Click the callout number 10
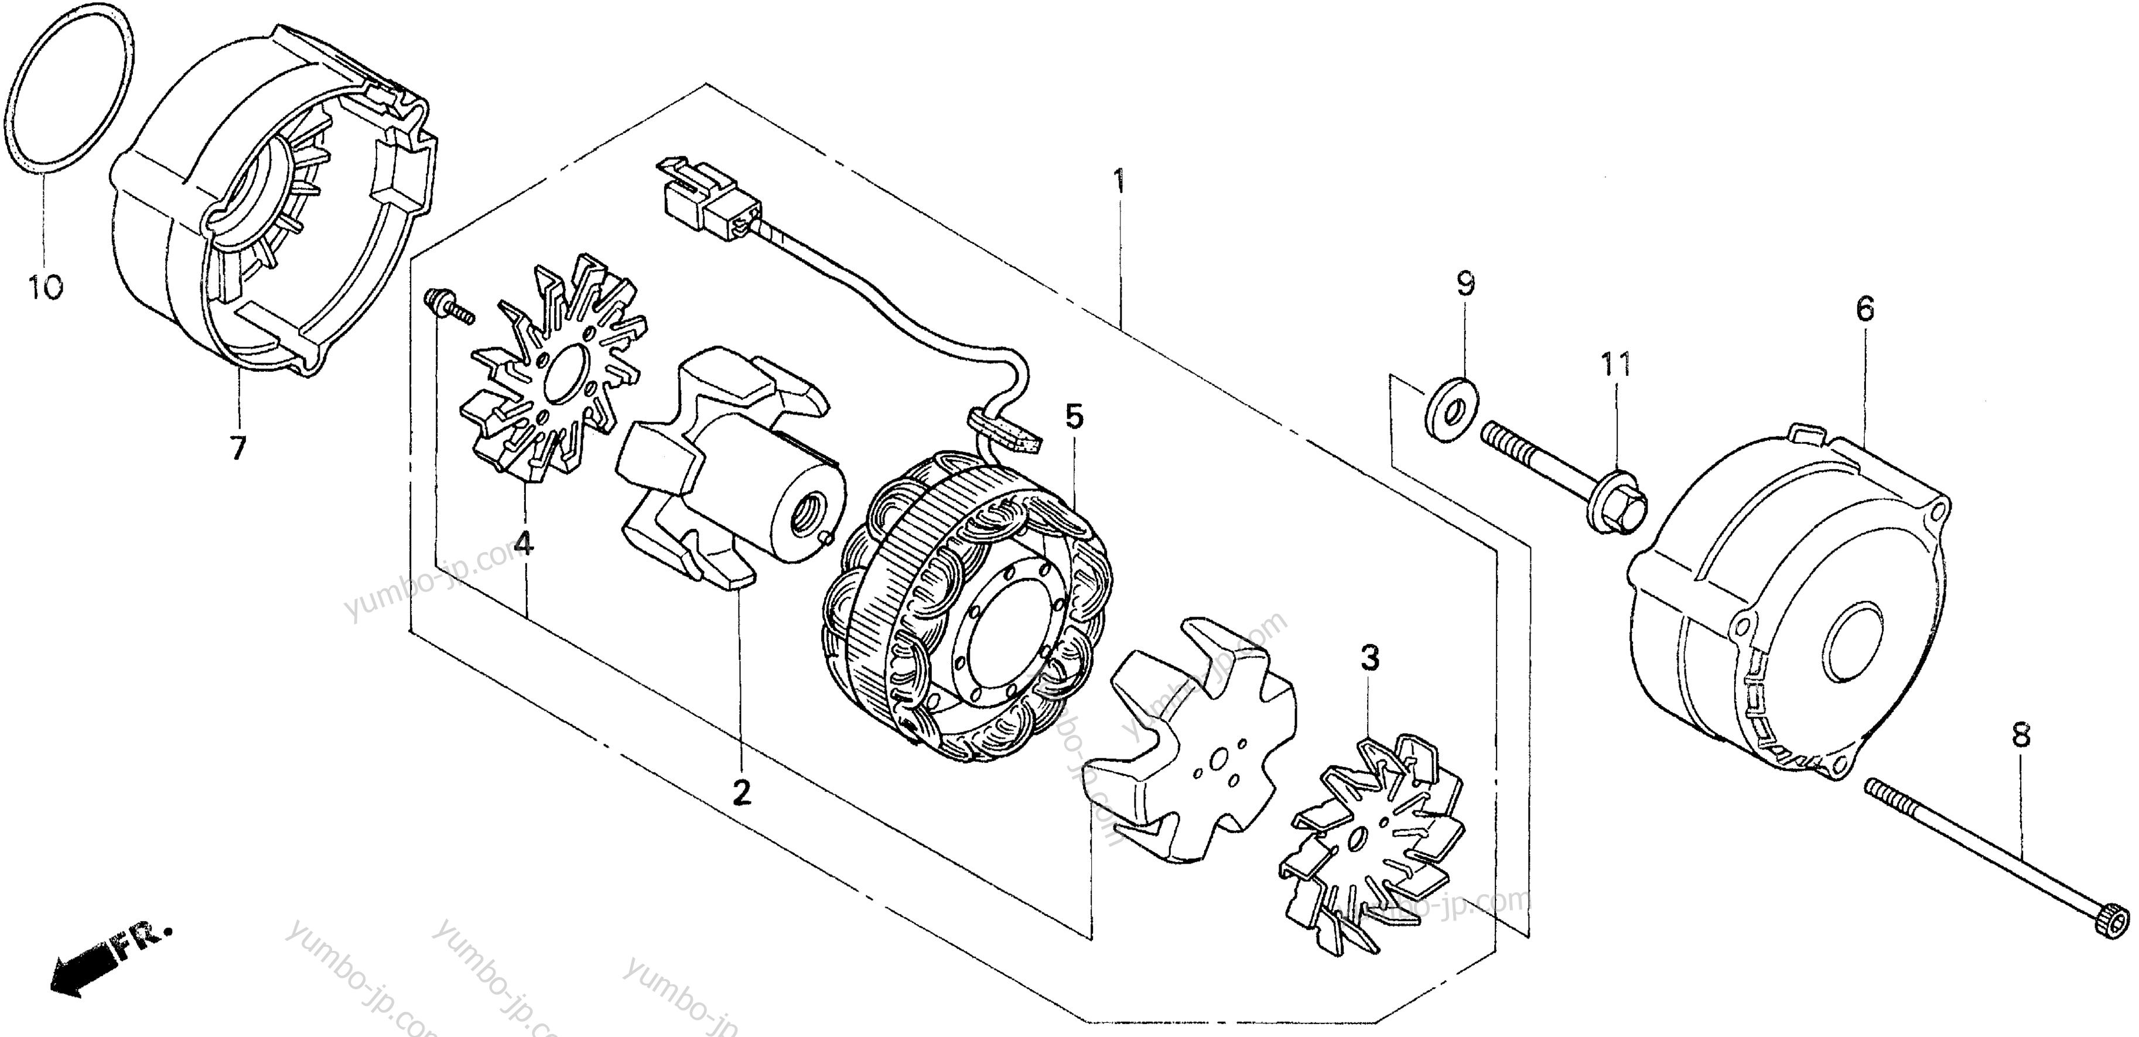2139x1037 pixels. click(45, 288)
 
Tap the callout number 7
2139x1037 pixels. click(238, 449)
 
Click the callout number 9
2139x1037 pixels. click(1465, 285)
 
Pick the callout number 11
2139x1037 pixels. click(1616, 364)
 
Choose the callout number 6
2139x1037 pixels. click(1865, 310)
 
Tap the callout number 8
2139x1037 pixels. click(2021, 735)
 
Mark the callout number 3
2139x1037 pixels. click(1370, 658)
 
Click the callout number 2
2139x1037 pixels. click(741, 792)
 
